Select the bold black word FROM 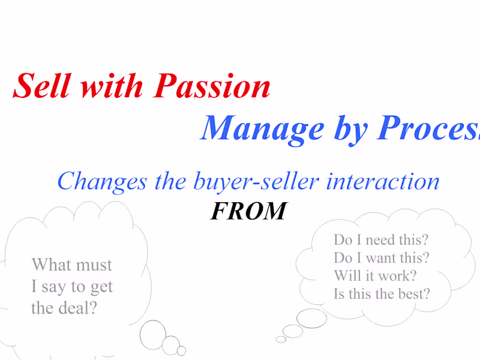(248, 211)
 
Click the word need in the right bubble (380, 240)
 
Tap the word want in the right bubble (382, 258)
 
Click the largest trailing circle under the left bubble (153, 332)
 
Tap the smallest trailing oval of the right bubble (281, 340)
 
